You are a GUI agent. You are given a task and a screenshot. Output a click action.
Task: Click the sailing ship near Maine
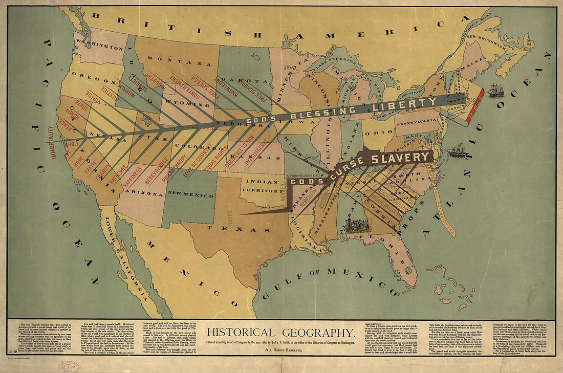[x=495, y=91]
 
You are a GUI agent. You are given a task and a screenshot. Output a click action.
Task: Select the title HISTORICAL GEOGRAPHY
[x=281, y=332]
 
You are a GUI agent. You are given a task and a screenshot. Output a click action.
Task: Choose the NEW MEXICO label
[x=190, y=194]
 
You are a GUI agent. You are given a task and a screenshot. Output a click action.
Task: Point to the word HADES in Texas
[x=230, y=218]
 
